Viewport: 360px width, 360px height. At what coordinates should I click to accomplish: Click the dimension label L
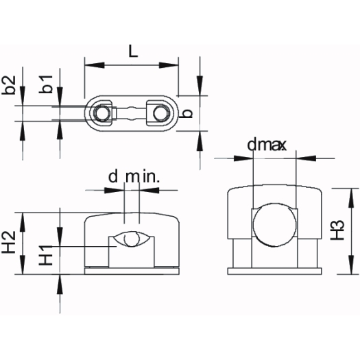tap(133, 51)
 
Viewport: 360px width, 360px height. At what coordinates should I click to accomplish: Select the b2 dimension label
tap(9, 85)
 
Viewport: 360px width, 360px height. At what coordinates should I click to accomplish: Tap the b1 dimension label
tap(46, 84)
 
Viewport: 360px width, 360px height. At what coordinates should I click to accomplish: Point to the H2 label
tap(9, 242)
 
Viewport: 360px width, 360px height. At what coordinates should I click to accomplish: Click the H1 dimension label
tap(46, 255)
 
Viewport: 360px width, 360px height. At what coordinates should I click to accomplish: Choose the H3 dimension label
tap(337, 230)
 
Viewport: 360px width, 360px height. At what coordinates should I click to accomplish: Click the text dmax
tap(267, 145)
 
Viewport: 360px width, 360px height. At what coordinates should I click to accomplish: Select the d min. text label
tap(134, 177)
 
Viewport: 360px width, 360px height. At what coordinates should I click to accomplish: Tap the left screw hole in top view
tap(101, 113)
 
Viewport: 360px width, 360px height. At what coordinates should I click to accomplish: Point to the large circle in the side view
tap(274, 224)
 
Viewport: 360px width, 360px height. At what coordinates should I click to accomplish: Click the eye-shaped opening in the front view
tap(132, 239)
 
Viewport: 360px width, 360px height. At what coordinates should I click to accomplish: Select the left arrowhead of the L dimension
tap(95, 65)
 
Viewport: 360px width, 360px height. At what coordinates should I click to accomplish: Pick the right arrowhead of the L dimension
tap(169, 65)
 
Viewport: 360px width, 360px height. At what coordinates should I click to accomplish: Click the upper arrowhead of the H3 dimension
tap(350, 198)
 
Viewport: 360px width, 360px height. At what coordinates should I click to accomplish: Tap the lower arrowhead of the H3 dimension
tap(350, 265)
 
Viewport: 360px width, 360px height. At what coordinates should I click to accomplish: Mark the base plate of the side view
tap(274, 271)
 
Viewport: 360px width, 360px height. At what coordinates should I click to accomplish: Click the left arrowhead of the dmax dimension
tap(243, 158)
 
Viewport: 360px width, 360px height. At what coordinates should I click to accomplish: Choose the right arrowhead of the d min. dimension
tap(149, 190)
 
